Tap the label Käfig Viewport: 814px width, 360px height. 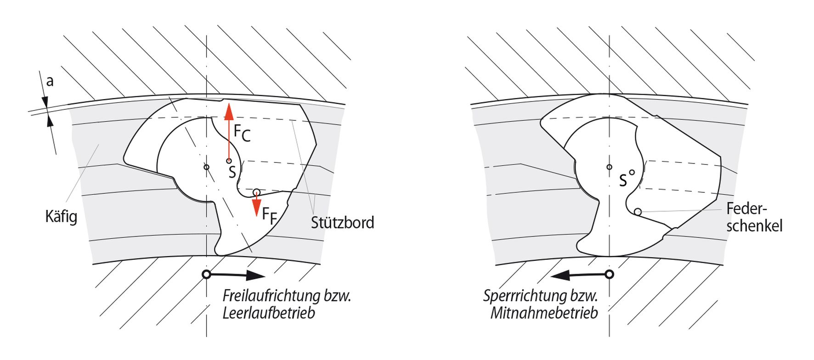[x=61, y=216]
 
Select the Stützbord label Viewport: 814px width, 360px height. [x=342, y=223]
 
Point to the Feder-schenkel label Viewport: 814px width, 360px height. [x=754, y=217]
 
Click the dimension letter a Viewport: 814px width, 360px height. [x=50, y=81]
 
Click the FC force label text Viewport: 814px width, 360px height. [x=242, y=133]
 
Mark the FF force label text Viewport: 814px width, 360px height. [x=270, y=215]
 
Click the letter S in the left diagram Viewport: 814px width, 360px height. [x=232, y=172]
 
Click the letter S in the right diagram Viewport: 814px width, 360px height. [x=623, y=180]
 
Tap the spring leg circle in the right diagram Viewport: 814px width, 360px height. [x=638, y=212]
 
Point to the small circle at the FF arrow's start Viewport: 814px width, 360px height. [x=256, y=192]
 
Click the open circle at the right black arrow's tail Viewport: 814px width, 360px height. [x=609, y=275]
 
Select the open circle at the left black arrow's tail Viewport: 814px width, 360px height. [x=206, y=275]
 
